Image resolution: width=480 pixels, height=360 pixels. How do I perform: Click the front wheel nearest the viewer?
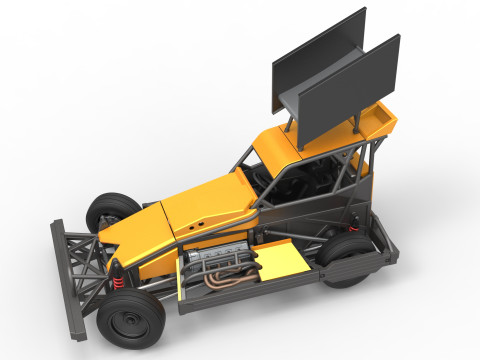click(x=130, y=319)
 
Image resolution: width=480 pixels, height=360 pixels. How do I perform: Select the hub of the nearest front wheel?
click(x=126, y=322)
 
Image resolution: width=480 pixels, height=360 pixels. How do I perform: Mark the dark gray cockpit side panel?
click(x=300, y=215)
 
